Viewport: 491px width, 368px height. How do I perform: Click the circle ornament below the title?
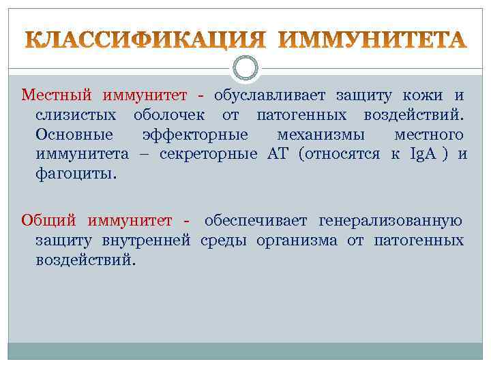[245, 67]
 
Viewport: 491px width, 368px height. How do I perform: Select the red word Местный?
[57, 95]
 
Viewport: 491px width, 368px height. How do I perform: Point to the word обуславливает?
[270, 95]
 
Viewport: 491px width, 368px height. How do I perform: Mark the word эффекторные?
[195, 135]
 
